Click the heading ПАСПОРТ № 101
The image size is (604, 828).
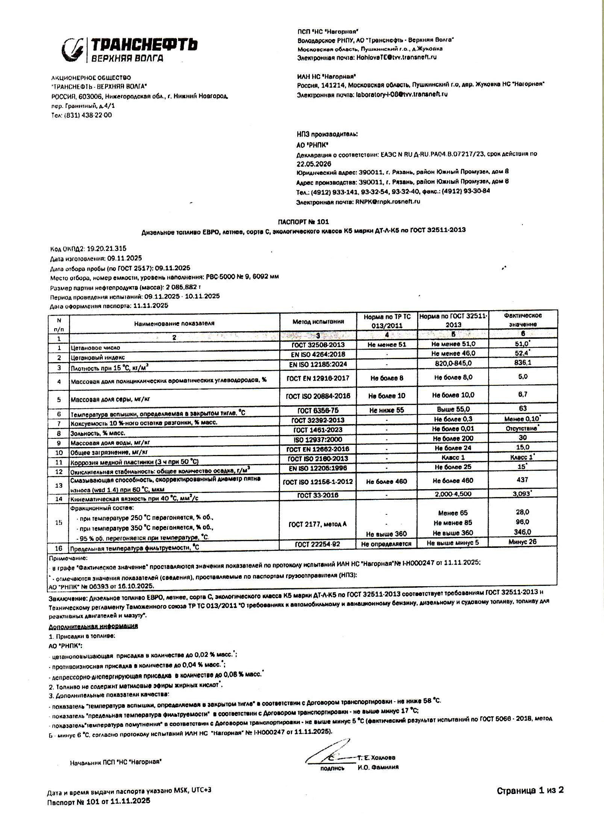[x=303, y=222]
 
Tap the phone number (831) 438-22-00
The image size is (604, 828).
[x=88, y=115]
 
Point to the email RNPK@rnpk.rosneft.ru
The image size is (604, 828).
[x=388, y=202]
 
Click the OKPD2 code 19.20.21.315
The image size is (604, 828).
[x=106, y=249]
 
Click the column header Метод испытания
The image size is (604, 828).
[x=318, y=321]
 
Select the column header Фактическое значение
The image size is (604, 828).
[x=523, y=320]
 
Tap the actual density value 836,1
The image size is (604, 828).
[x=522, y=363]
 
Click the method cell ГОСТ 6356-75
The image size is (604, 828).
[x=318, y=411]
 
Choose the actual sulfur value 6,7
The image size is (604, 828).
[x=522, y=394]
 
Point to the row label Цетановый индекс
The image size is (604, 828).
[x=97, y=358]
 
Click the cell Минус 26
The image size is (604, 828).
[x=522, y=542]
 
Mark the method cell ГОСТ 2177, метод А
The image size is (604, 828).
[x=318, y=524]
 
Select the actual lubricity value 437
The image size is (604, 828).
[x=522, y=480]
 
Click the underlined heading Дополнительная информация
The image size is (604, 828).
[x=93, y=626]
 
